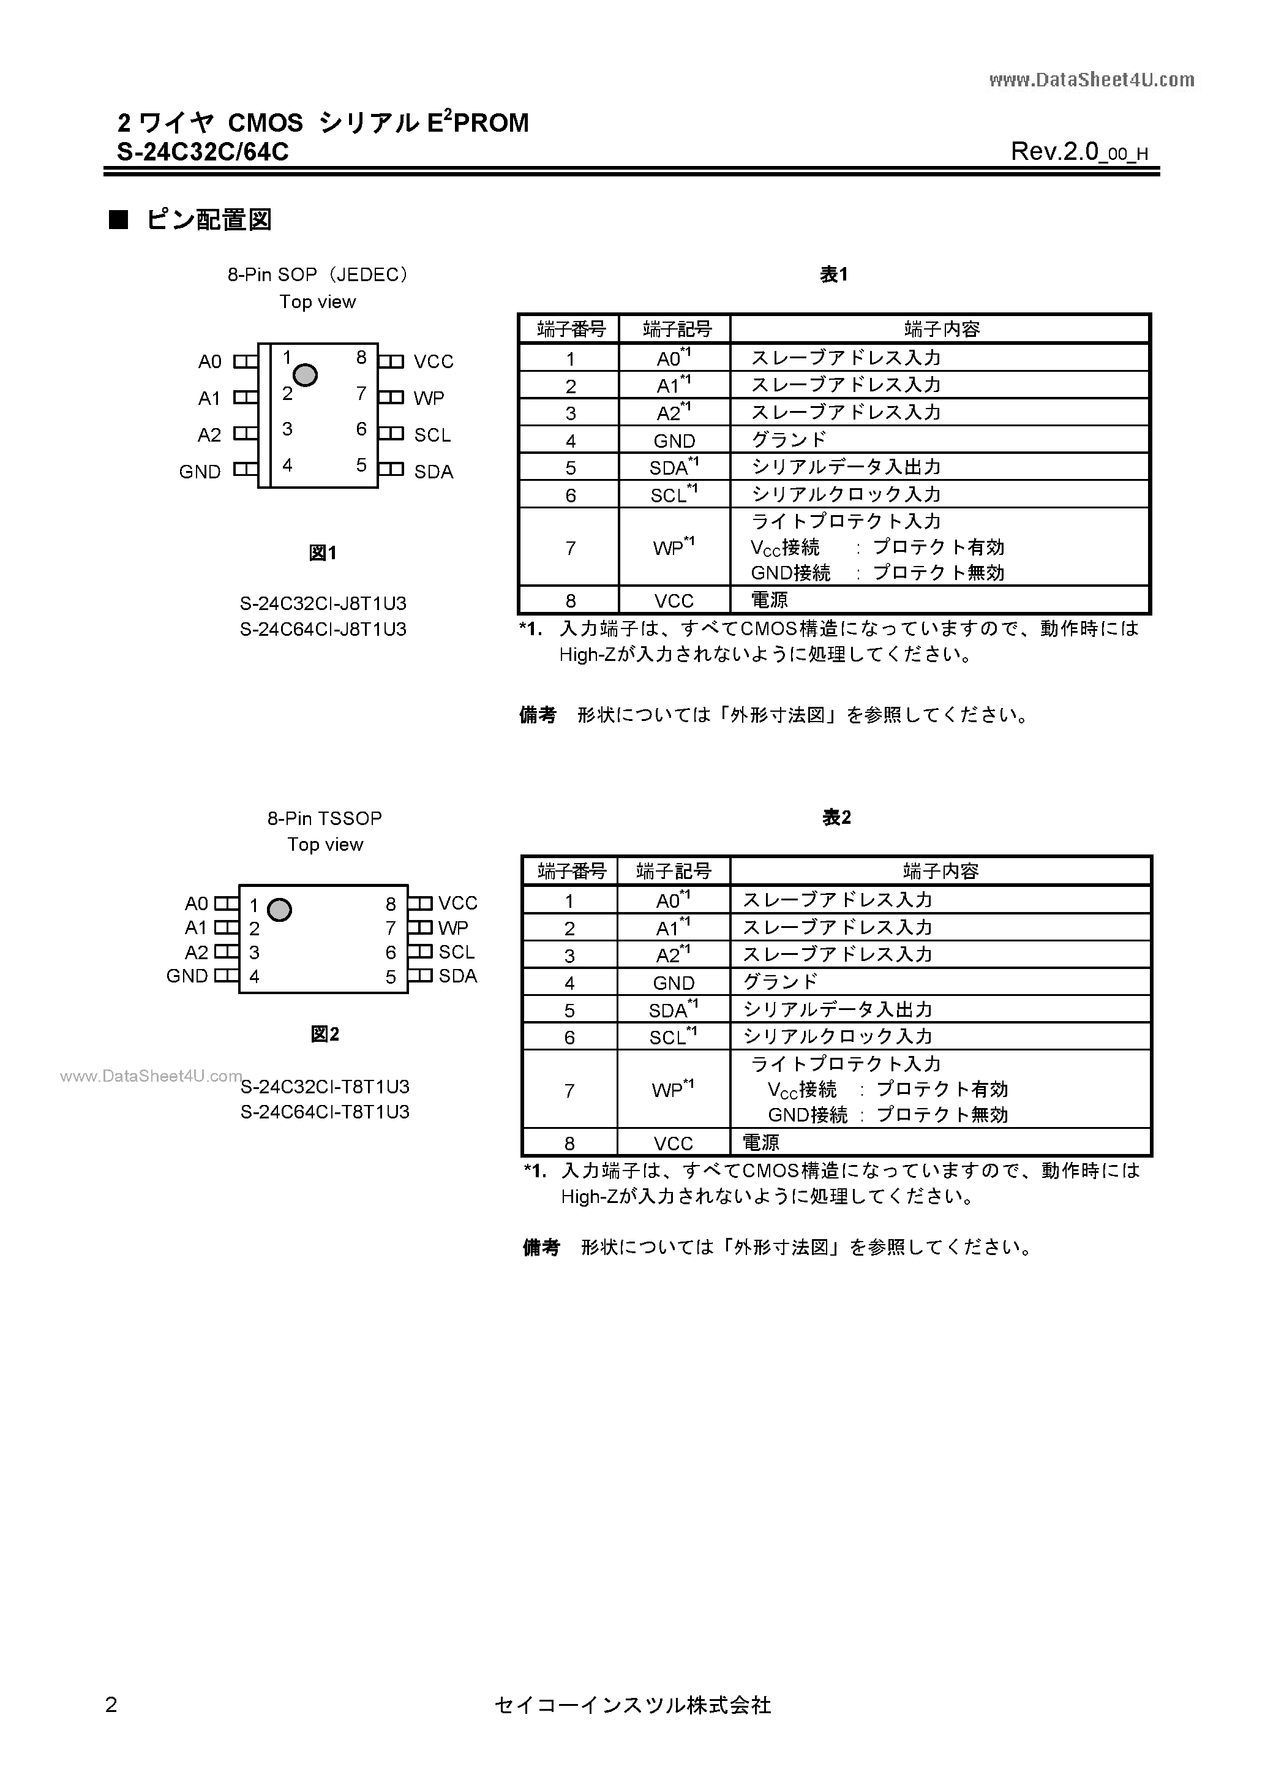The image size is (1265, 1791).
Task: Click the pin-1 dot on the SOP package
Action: (305, 375)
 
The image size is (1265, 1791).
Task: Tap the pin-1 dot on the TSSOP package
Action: (279, 910)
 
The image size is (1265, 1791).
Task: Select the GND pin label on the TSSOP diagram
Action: (187, 976)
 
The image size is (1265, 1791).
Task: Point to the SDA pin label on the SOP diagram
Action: (434, 471)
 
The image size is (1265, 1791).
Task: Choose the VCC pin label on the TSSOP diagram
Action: (458, 903)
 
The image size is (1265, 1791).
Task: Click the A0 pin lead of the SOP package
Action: (246, 361)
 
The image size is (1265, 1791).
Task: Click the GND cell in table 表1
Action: (674, 441)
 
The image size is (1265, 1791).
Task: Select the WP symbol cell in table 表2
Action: (672, 1089)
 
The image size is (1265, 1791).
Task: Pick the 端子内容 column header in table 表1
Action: (941, 329)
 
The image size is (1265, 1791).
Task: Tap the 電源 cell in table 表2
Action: (760, 1143)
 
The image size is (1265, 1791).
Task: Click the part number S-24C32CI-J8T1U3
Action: (323, 604)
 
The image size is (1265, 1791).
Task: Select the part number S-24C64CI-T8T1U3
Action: (325, 1112)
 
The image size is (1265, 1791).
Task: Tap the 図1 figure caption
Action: (323, 553)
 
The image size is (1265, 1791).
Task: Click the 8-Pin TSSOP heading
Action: (325, 818)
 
